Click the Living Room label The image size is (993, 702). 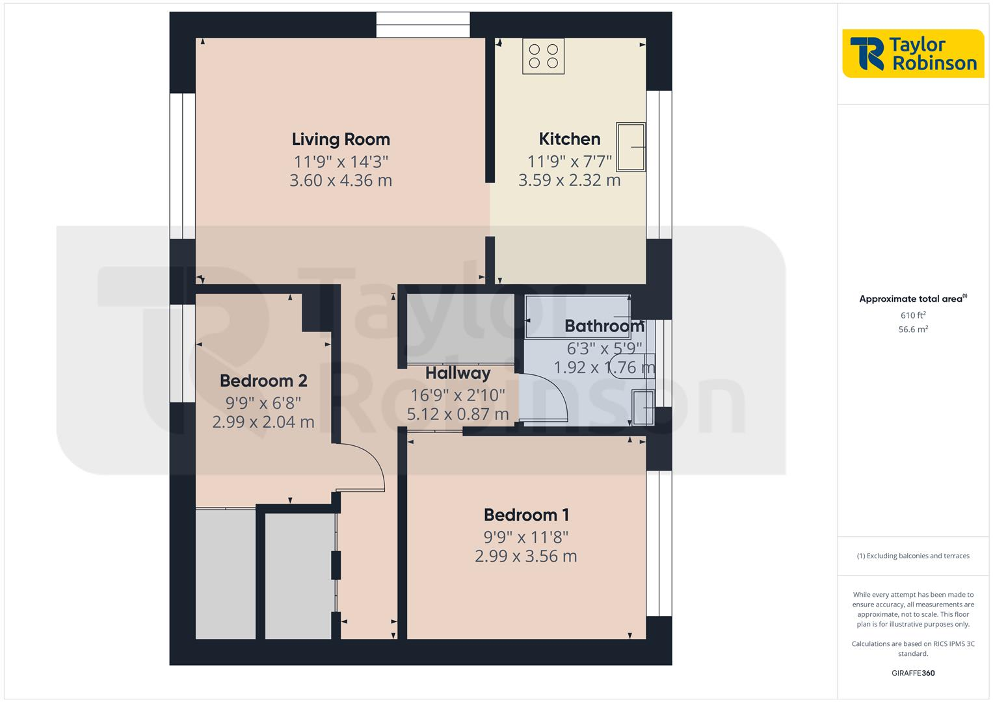click(x=341, y=139)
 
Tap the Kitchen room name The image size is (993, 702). click(x=570, y=138)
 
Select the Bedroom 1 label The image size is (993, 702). click(x=526, y=515)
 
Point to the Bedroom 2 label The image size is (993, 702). click(x=263, y=380)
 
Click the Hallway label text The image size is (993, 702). click(x=458, y=373)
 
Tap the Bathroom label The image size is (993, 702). click(x=604, y=326)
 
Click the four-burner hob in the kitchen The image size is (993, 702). click(x=544, y=57)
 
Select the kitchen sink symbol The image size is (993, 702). click(x=631, y=148)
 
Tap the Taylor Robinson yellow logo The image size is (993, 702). click(x=913, y=54)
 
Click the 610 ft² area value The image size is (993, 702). click(x=913, y=315)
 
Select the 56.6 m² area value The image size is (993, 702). click(x=913, y=330)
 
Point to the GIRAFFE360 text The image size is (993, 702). click(x=913, y=673)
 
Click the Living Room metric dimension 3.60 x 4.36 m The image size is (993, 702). click(x=341, y=181)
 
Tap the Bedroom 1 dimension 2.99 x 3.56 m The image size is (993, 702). click(x=526, y=556)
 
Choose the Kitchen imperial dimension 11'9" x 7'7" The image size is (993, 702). click(x=570, y=161)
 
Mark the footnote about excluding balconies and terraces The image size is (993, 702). click(x=913, y=556)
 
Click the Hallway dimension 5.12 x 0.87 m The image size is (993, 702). click(x=458, y=414)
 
